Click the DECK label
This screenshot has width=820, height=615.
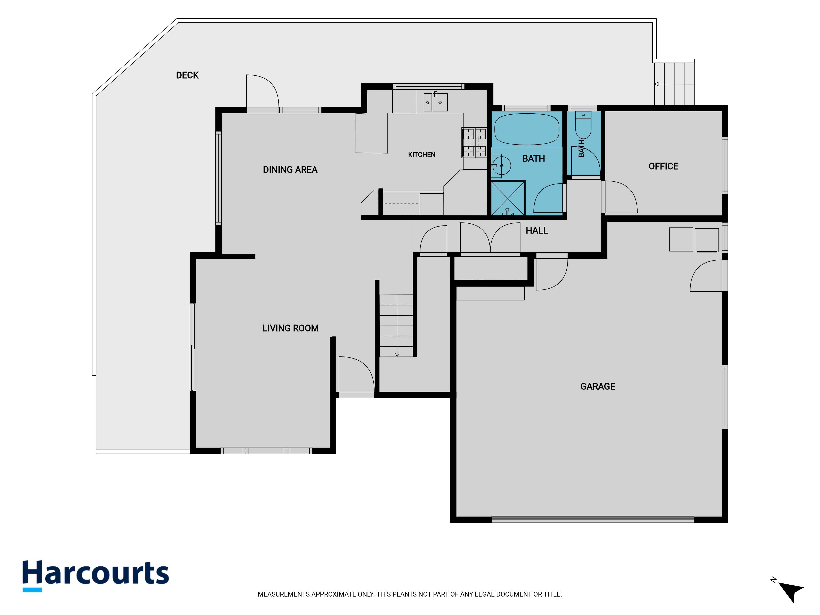[187, 75]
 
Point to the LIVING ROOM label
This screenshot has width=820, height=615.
[290, 328]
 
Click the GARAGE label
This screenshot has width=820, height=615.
[598, 386]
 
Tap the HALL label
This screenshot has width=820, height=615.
[536, 230]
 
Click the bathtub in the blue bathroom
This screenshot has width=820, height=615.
[526, 129]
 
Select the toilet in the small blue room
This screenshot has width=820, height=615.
[583, 125]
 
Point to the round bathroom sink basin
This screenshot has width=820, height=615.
[502, 166]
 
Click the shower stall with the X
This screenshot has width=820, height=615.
[508, 198]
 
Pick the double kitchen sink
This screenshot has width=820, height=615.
[436, 102]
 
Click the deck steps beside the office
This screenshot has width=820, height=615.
[674, 84]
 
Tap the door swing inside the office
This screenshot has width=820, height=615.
[621, 197]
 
